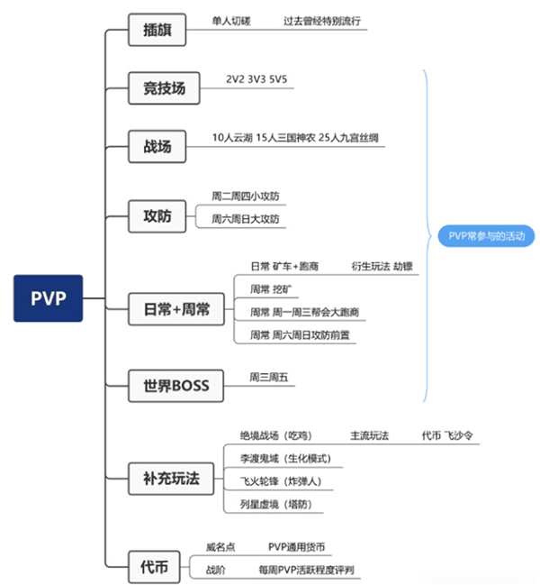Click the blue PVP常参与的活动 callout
pos(485,236)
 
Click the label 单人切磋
pos(231,20)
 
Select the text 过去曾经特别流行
pos(321,20)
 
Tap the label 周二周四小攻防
pos(245,196)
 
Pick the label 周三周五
pos(269,377)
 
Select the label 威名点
pos(220,546)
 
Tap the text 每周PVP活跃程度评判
pos(305,570)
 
